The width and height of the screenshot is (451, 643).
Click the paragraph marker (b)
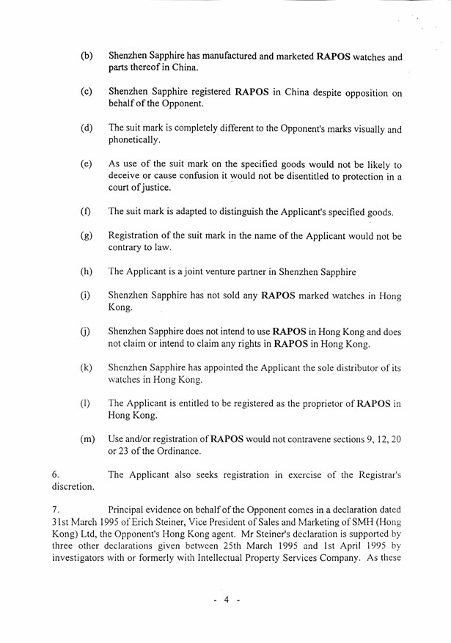click(87, 56)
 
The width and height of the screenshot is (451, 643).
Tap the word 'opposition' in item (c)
click(363, 93)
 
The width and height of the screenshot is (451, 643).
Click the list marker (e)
click(87, 164)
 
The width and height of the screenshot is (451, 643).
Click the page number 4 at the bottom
click(227, 600)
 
